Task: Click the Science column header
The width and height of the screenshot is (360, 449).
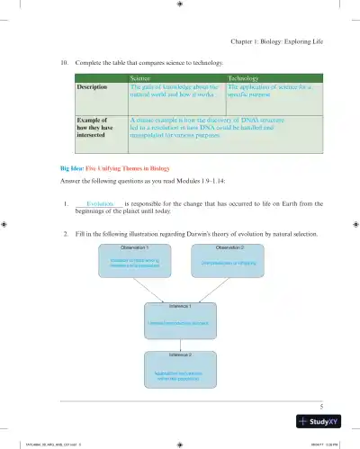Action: pyautogui.click(x=138, y=79)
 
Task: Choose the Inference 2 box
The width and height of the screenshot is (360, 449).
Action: pyautogui.click(x=181, y=370)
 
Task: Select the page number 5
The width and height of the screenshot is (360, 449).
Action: pyautogui.click(x=332, y=405)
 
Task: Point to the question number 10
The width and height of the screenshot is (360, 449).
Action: pyautogui.click(x=64, y=64)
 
